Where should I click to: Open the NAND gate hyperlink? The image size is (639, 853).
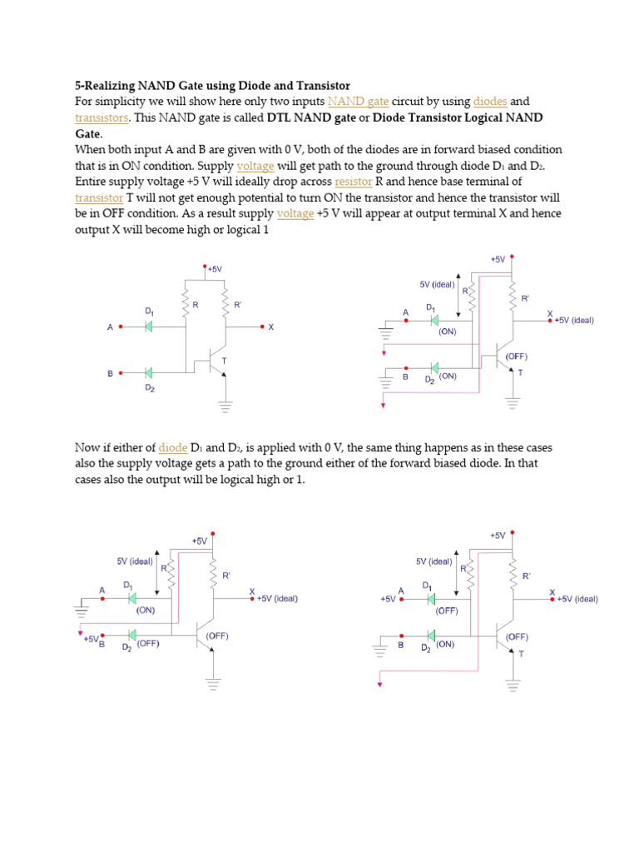[x=358, y=102]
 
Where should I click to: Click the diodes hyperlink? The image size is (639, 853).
[x=490, y=102]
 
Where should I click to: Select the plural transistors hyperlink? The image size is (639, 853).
[x=102, y=117]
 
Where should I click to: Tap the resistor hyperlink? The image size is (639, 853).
[x=353, y=182]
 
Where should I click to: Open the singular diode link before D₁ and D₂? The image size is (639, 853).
[x=173, y=448]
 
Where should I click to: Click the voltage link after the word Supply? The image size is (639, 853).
[x=255, y=166]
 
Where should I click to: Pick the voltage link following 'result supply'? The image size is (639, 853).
[x=295, y=213]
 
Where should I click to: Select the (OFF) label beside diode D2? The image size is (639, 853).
[x=148, y=643]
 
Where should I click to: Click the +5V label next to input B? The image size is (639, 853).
[x=90, y=640]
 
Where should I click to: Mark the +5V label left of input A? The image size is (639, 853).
[x=388, y=599]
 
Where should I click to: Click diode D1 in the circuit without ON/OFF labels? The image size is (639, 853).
[x=149, y=327]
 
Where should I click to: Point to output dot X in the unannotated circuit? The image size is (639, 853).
[x=262, y=327]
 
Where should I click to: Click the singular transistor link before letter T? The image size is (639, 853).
[x=98, y=197]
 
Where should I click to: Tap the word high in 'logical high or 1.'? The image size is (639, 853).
[x=252, y=481]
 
